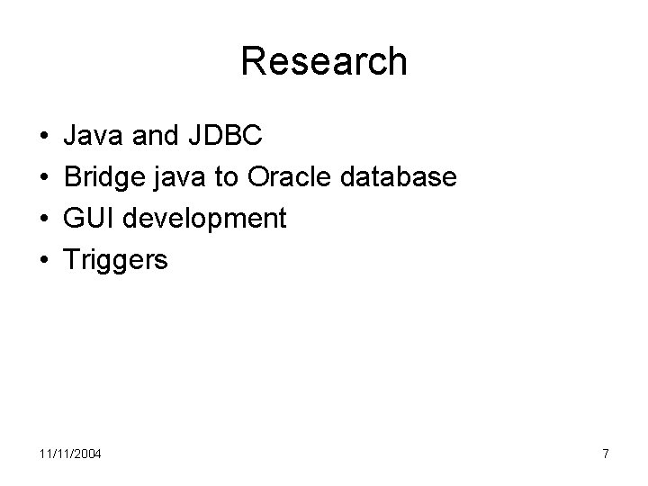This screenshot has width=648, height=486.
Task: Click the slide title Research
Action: click(324, 61)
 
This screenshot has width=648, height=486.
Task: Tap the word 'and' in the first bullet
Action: click(155, 136)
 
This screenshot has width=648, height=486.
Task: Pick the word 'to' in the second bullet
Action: click(227, 177)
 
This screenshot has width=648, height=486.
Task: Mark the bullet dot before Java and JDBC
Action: click(44, 137)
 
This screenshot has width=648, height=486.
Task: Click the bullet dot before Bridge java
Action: click(44, 178)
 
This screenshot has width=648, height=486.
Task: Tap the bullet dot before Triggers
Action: click(44, 261)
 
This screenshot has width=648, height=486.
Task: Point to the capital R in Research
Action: click(254, 61)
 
